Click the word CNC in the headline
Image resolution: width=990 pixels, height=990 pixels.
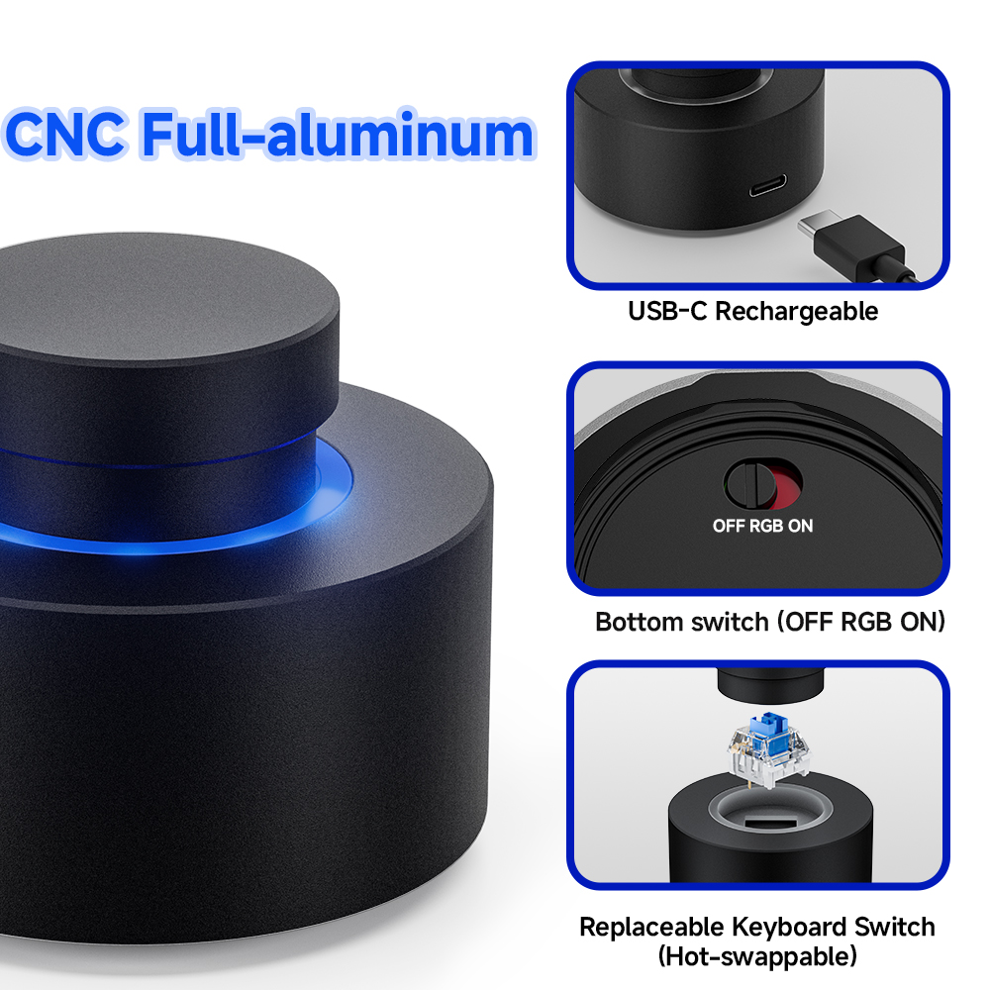[x=64, y=134]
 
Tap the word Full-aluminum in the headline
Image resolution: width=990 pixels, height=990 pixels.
[x=339, y=134]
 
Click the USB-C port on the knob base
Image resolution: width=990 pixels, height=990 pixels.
[x=768, y=185]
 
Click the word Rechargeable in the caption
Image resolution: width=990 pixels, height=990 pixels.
[x=796, y=311]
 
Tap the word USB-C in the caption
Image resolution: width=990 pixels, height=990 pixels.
[x=667, y=311]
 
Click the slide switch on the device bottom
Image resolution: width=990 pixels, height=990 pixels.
[x=762, y=484]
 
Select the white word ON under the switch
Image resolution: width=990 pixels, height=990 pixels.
[x=800, y=526]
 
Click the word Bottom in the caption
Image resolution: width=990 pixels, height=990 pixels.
[x=639, y=622]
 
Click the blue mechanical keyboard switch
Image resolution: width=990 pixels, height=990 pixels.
[x=768, y=750]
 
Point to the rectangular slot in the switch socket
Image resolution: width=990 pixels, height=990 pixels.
[x=770, y=822]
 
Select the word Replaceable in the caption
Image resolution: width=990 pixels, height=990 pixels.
[x=651, y=928]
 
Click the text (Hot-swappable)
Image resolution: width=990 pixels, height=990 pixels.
[x=757, y=956]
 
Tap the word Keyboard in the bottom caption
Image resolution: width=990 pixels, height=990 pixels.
[x=789, y=928]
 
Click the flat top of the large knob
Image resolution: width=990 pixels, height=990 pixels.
[x=157, y=298]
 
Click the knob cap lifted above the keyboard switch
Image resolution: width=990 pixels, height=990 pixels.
[x=770, y=684]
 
